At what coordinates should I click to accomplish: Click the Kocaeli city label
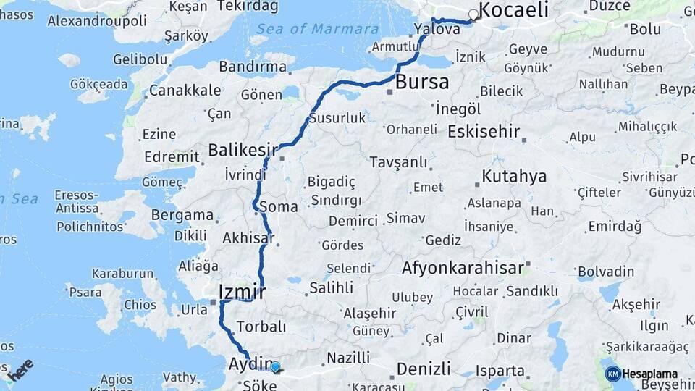click(x=514, y=10)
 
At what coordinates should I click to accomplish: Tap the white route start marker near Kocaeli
click(x=473, y=14)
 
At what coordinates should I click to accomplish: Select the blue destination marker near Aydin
click(x=275, y=366)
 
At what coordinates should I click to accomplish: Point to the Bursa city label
click(x=421, y=82)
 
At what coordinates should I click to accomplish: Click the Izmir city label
click(x=242, y=292)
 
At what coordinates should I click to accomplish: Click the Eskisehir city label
click(x=484, y=132)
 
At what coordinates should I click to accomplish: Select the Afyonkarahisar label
click(x=463, y=268)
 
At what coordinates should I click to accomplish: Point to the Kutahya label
click(x=514, y=176)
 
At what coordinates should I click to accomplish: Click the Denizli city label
click(x=424, y=368)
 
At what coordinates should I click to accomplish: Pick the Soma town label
click(x=279, y=206)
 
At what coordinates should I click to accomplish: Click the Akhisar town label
click(x=249, y=237)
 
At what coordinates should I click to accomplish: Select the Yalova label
click(x=437, y=30)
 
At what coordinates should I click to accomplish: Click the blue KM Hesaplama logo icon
click(x=612, y=374)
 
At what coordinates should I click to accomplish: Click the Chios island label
click(x=140, y=305)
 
